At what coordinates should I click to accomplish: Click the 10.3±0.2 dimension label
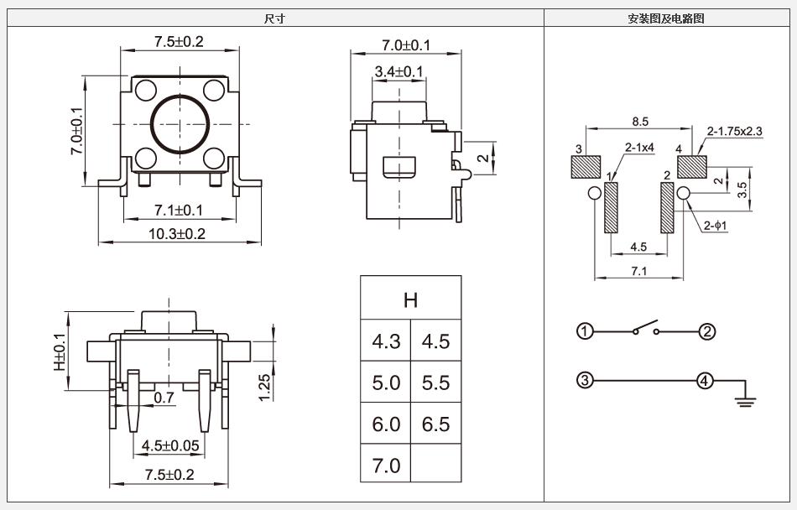coord(176,234)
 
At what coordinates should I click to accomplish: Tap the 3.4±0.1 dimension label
coord(399,72)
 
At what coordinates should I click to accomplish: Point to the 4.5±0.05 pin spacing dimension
coord(171,445)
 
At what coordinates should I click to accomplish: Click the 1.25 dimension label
coord(263,387)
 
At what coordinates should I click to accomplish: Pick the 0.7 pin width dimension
coord(164,398)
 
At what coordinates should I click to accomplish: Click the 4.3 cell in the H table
coord(386,341)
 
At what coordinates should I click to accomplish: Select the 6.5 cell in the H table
coord(435,424)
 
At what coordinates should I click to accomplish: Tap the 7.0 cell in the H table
coord(386,466)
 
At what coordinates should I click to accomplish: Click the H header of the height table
coord(410,299)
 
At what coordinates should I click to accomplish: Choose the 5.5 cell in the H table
coord(435,382)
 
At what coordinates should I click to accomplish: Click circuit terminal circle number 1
coord(585,331)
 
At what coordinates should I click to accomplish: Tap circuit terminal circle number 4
coord(706,381)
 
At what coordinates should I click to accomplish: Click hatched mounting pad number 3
coord(584,168)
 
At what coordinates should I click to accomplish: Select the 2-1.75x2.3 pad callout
coord(735,131)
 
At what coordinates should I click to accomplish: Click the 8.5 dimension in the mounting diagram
coord(639,122)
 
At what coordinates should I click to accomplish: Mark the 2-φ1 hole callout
coord(714,225)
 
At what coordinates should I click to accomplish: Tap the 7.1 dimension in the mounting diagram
coord(638,270)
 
